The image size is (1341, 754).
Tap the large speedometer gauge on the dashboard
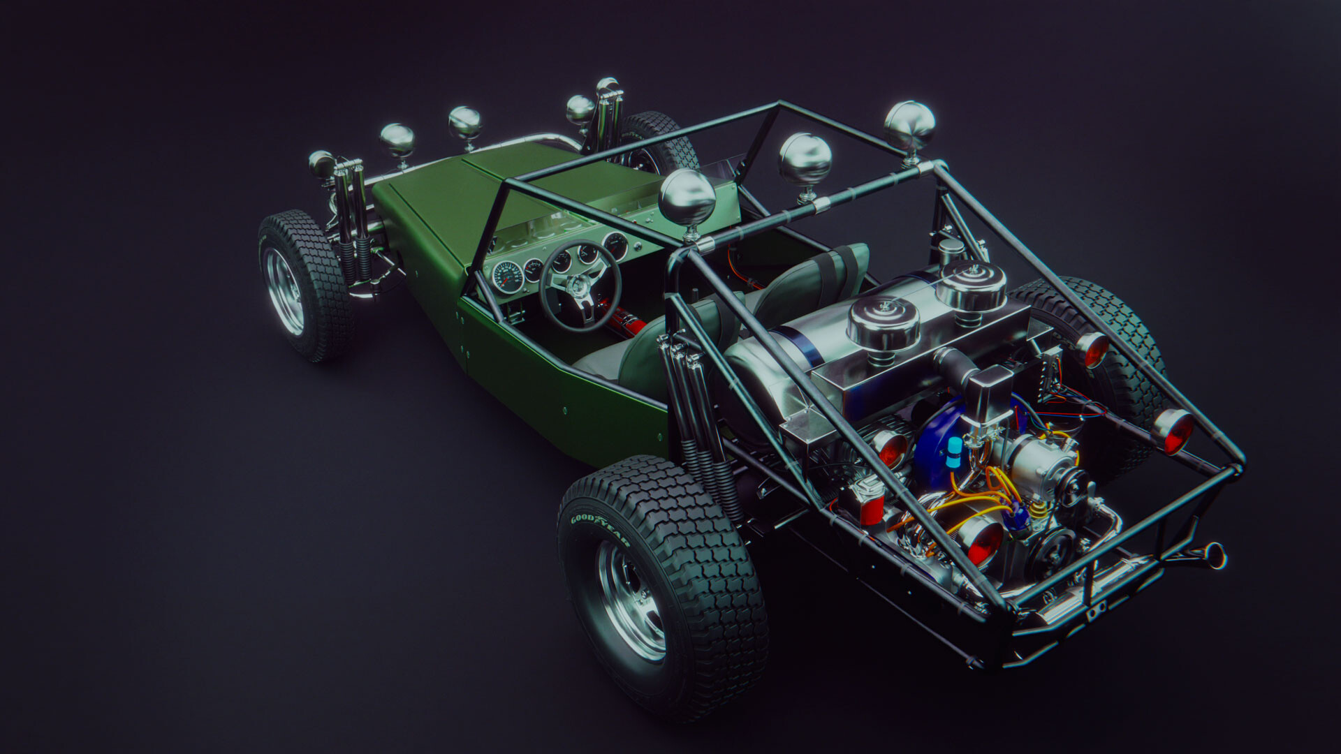click(x=507, y=276)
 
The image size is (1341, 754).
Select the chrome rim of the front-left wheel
click(x=285, y=291)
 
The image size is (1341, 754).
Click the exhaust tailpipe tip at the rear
click(x=1214, y=555)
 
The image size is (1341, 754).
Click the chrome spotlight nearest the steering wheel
click(x=687, y=198)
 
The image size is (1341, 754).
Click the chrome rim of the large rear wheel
click(x=631, y=600)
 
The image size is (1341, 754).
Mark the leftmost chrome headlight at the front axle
click(x=322, y=165)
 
